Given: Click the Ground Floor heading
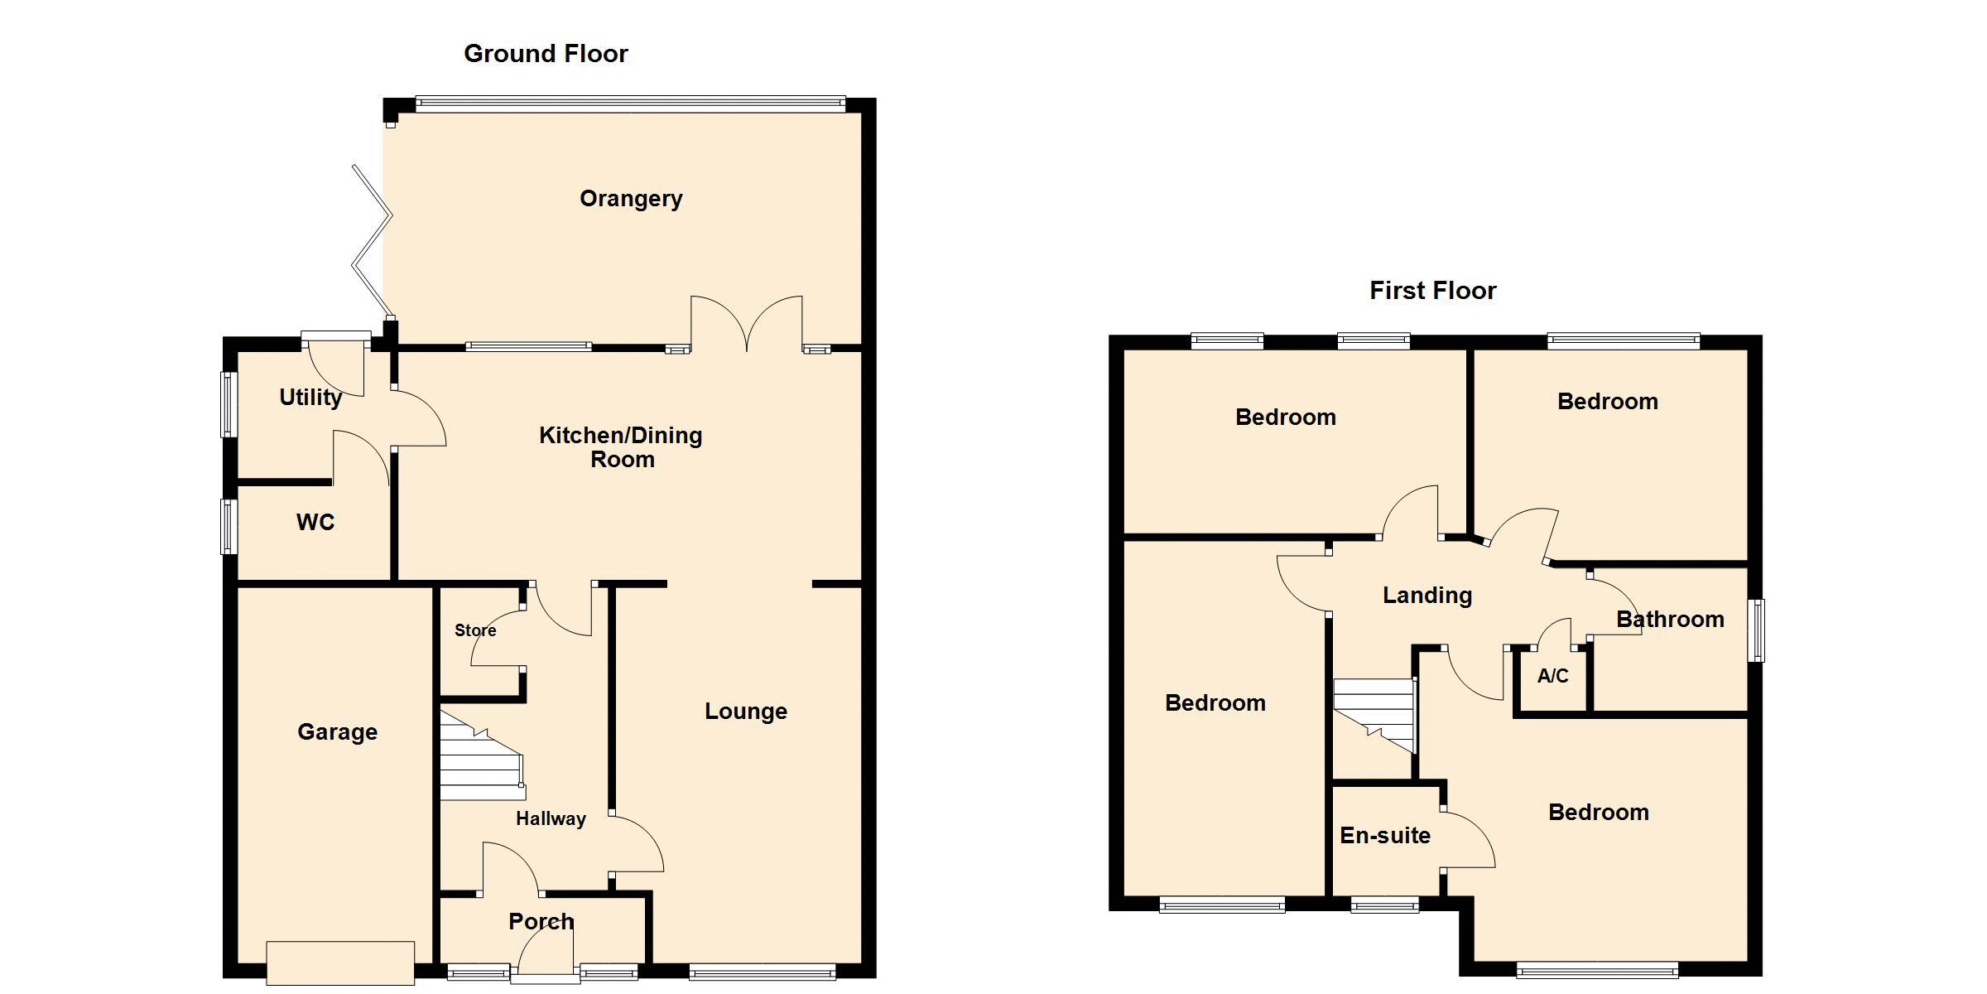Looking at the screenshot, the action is pyautogui.click(x=546, y=54).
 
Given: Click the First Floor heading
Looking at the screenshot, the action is pyautogui.click(x=1433, y=291).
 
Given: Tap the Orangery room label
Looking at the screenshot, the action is pyautogui.click(x=631, y=200).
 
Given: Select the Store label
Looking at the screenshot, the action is pyautogui.click(x=475, y=630).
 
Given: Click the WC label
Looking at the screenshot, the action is pyautogui.click(x=315, y=523).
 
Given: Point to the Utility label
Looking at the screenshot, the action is pyautogui.click(x=310, y=398).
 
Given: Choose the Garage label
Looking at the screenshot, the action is pyautogui.click(x=338, y=732).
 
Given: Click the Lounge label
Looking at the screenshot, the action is pyautogui.click(x=746, y=712).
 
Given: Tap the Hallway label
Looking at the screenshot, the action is pyautogui.click(x=551, y=819).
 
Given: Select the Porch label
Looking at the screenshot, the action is pyautogui.click(x=541, y=921).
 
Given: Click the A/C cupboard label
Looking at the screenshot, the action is pyautogui.click(x=1553, y=676).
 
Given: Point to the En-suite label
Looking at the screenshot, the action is pyautogui.click(x=1385, y=836).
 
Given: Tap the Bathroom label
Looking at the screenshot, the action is pyautogui.click(x=1670, y=620).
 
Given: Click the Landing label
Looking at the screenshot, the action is pyautogui.click(x=1427, y=596).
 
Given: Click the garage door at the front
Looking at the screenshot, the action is pyautogui.click(x=340, y=963).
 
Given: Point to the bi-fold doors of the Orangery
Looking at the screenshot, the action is pyautogui.click(x=372, y=241).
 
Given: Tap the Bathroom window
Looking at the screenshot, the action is pyautogui.click(x=1755, y=630).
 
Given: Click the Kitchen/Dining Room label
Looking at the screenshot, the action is pyautogui.click(x=621, y=447).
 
